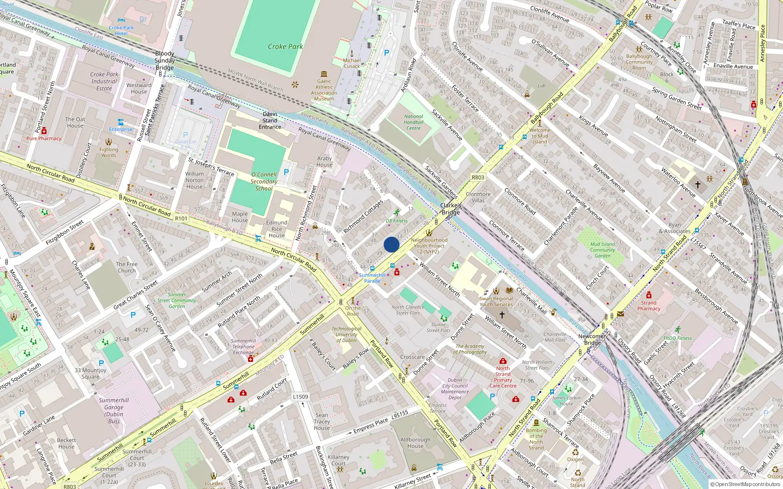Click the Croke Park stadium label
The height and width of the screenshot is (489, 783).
click(285, 46)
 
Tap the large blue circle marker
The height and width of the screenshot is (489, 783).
click(391, 244)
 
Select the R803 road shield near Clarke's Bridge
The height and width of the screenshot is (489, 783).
click(478, 178)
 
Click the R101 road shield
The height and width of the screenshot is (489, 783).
click(181, 219)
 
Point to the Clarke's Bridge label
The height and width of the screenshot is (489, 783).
click(451, 209)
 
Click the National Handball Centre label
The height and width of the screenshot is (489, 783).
click(414, 122)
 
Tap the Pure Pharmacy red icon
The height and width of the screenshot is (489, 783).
click(44, 131)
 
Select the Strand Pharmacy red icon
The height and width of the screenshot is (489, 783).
click(648, 295)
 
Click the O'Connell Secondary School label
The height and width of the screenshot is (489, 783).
click(264, 181)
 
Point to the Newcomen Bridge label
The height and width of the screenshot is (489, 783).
click(593, 339)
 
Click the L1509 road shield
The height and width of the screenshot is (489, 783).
click(300, 397)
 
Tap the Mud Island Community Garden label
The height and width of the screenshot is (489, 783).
click(602, 249)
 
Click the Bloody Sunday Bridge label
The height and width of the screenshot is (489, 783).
click(164, 61)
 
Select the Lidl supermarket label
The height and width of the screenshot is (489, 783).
click(541, 86)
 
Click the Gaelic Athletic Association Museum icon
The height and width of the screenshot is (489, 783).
click(324, 74)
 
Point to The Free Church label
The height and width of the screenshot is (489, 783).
click(127, 267)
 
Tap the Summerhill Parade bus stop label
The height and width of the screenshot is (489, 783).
click(372, 278)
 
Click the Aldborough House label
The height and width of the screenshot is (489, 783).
click(415, 443)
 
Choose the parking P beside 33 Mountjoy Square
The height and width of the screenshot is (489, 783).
click(101, 363)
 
